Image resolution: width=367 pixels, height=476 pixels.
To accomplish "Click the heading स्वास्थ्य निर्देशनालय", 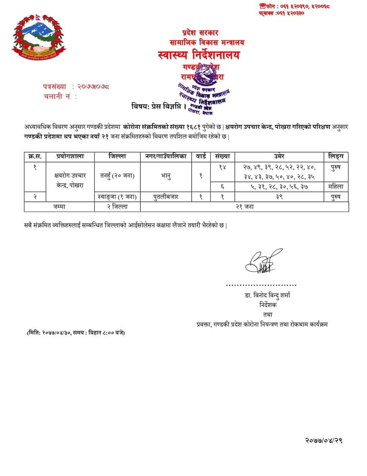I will pos(199,55).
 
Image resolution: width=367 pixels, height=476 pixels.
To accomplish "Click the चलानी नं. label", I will pos(60,96).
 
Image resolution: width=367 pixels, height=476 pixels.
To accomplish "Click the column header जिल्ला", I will pos(117,156).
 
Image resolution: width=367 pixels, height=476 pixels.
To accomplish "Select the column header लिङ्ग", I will pos(336,156).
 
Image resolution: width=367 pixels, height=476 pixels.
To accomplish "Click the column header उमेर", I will pos(280,156).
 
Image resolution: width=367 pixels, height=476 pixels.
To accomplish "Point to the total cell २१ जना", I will pos(244,206).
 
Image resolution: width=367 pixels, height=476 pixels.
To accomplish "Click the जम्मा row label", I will pos(59,206).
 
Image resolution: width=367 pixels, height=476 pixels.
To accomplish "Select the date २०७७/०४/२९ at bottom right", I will pos(323,440).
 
